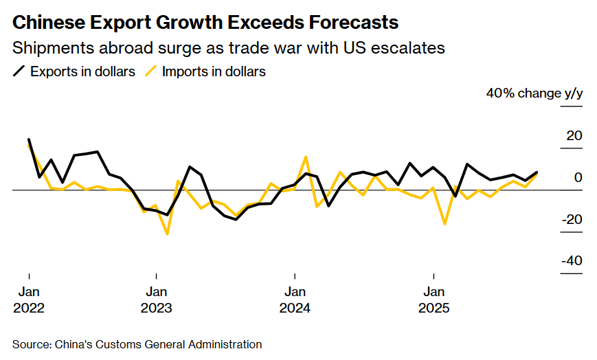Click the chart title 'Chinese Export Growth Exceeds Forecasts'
point(205,23)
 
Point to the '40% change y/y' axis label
point(534,93)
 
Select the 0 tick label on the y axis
point(578,178)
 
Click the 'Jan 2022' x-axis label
point(28,300)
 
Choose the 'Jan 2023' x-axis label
point(157,300)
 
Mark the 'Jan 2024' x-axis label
point(295,300)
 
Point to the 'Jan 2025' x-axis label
point(433,300)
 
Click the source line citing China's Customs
point(137,344)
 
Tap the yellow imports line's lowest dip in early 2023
point(167,234)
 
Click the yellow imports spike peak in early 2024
point(306,157)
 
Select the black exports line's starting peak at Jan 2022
point(29,139)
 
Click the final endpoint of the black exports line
point(537,172)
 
